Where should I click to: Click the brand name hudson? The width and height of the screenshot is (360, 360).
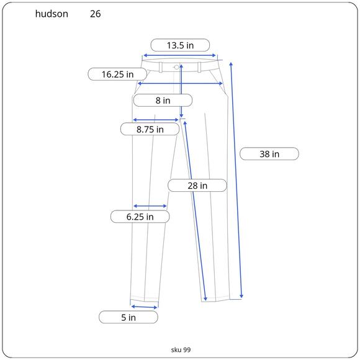pos(52,14)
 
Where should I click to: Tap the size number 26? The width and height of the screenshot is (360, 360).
pos(95,14)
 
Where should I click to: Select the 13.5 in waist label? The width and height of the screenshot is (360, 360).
pos(180,45)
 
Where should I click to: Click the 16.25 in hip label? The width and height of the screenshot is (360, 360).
pos(118,74)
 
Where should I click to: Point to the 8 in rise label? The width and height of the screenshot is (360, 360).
pos(163,100)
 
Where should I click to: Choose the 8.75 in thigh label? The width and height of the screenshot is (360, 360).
pos(150,129)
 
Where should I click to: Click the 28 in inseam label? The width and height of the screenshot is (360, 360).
pos(197,185)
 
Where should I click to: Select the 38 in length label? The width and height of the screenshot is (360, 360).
pos(269,153)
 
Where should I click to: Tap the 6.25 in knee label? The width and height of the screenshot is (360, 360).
pos(140,217)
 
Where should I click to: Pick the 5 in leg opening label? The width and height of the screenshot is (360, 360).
pos(128,317)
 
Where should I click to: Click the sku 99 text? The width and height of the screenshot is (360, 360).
pos(181,349)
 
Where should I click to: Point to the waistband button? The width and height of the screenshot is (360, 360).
pos(177,66)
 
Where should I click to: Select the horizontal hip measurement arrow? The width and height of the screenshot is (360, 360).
pos(180,83)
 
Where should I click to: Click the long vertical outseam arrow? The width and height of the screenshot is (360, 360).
pos(236,180)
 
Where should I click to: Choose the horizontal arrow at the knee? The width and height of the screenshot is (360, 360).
pos(150,206)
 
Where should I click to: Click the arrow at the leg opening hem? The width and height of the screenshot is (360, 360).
pos(144,307)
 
